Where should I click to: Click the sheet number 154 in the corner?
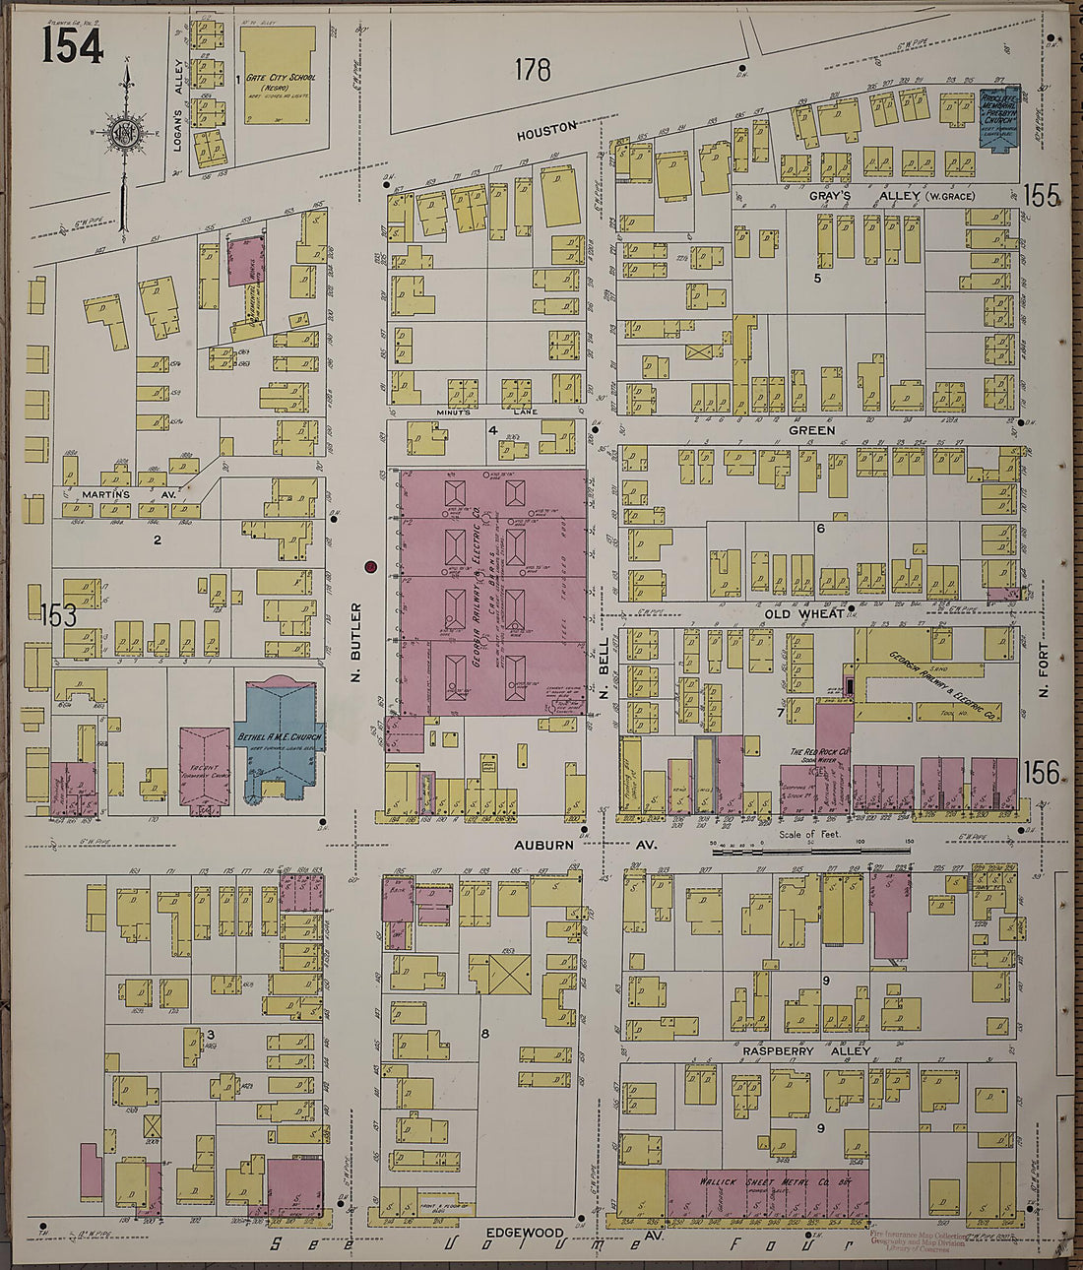coord(72,45)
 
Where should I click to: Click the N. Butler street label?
coord(356,645)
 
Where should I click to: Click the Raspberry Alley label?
coord(805,1051)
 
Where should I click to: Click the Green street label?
coord(811,430)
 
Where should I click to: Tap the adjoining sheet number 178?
coord(532,69)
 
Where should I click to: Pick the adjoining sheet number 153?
coord(58,616)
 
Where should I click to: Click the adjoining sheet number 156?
coord(1041,773)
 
